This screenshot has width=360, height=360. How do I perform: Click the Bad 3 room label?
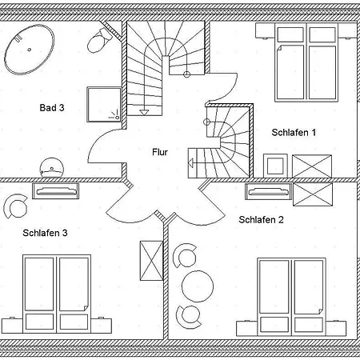[x=52, y=108]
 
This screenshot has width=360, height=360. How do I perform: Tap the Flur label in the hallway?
[x=160, y=152]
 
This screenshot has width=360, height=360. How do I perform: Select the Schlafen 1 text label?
[x=294, y=132]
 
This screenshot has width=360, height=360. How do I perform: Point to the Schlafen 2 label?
[x=261, y=220]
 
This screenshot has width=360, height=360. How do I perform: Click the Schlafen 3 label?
[x=45, y=233]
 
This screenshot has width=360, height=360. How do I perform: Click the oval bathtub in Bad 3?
[x=30, y=50]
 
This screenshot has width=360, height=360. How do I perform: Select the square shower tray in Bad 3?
[x=104, y=105]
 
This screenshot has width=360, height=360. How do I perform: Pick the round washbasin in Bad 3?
[x=52, y=168]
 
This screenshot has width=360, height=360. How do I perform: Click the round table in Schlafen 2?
[x=198, y=286]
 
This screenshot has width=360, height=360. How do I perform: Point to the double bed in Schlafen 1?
[x=306, y=62]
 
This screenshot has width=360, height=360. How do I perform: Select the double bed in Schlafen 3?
[x=57, y=294]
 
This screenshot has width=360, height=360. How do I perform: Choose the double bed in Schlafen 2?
[x=291, y=297]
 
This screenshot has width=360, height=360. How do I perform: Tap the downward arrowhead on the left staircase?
[x=144, y=113]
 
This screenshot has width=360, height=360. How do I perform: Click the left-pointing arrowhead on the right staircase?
[x=190, y=162]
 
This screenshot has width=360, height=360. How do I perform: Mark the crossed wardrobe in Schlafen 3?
[x=151, y=261]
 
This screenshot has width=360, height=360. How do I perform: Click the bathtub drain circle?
[x=30, y=50]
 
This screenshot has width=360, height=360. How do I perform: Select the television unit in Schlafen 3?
[x=55, y=191]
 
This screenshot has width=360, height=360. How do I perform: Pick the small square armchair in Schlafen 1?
[x=275, y=166]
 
